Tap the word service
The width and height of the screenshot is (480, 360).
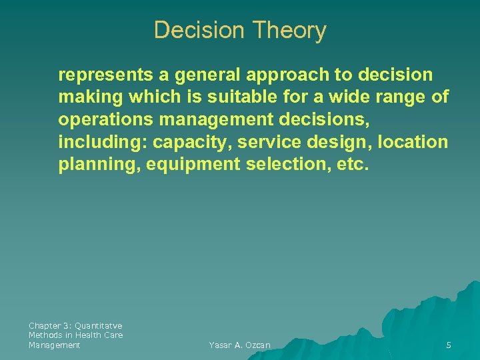point(278,143)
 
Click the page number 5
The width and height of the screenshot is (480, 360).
point(449,345)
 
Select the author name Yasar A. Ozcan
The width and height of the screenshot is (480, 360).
point(239,345)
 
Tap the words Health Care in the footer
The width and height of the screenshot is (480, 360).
point(99,335)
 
